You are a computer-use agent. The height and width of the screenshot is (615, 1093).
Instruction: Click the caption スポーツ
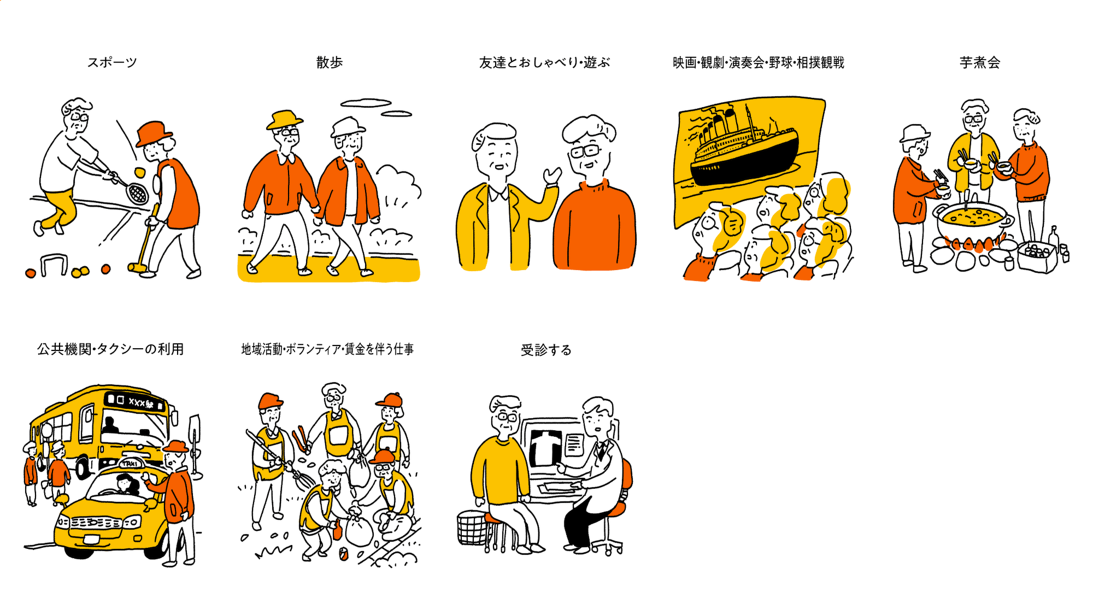click(112, 62)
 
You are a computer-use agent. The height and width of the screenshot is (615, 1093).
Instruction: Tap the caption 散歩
click(330, 62)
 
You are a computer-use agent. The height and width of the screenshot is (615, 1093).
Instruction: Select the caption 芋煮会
click(980, 62)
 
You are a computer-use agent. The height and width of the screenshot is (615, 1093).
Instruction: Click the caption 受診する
click(546, 350)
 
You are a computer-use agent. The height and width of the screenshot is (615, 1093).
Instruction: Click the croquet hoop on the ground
click(54, 264)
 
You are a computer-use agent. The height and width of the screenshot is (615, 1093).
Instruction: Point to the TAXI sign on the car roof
click(130, 463)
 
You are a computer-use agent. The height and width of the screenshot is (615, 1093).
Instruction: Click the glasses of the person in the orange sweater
click(584, 151)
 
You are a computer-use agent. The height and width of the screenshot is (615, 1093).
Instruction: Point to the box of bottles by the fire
click(1037, 257)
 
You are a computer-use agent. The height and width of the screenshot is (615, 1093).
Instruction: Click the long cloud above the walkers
click(366, 102)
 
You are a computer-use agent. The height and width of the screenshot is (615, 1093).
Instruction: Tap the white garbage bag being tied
click(359, 529)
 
